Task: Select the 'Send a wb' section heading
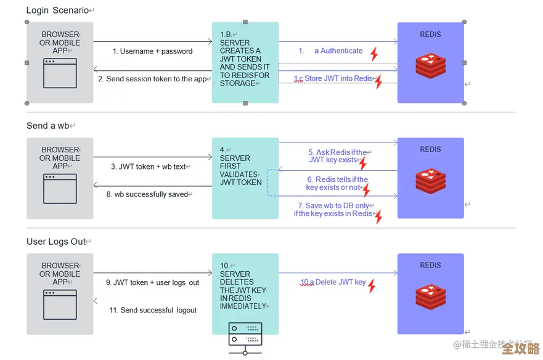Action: pos(49,126)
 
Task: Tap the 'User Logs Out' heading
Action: pos(57,242)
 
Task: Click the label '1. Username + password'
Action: pos(152,51)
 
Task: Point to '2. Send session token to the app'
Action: pos(152,79)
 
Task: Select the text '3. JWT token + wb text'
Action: pos(150,166)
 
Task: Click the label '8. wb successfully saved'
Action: pos(150,194)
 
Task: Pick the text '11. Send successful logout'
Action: pos(153,310)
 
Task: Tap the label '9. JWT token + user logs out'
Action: pos(152,282)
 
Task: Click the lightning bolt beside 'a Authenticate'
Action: pos(374,54)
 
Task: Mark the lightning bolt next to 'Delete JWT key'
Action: pos(372,285)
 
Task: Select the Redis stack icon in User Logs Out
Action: pos(430,298)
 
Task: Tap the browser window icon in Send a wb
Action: pos(60,188)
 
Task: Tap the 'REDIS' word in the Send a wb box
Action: pos(430,149)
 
